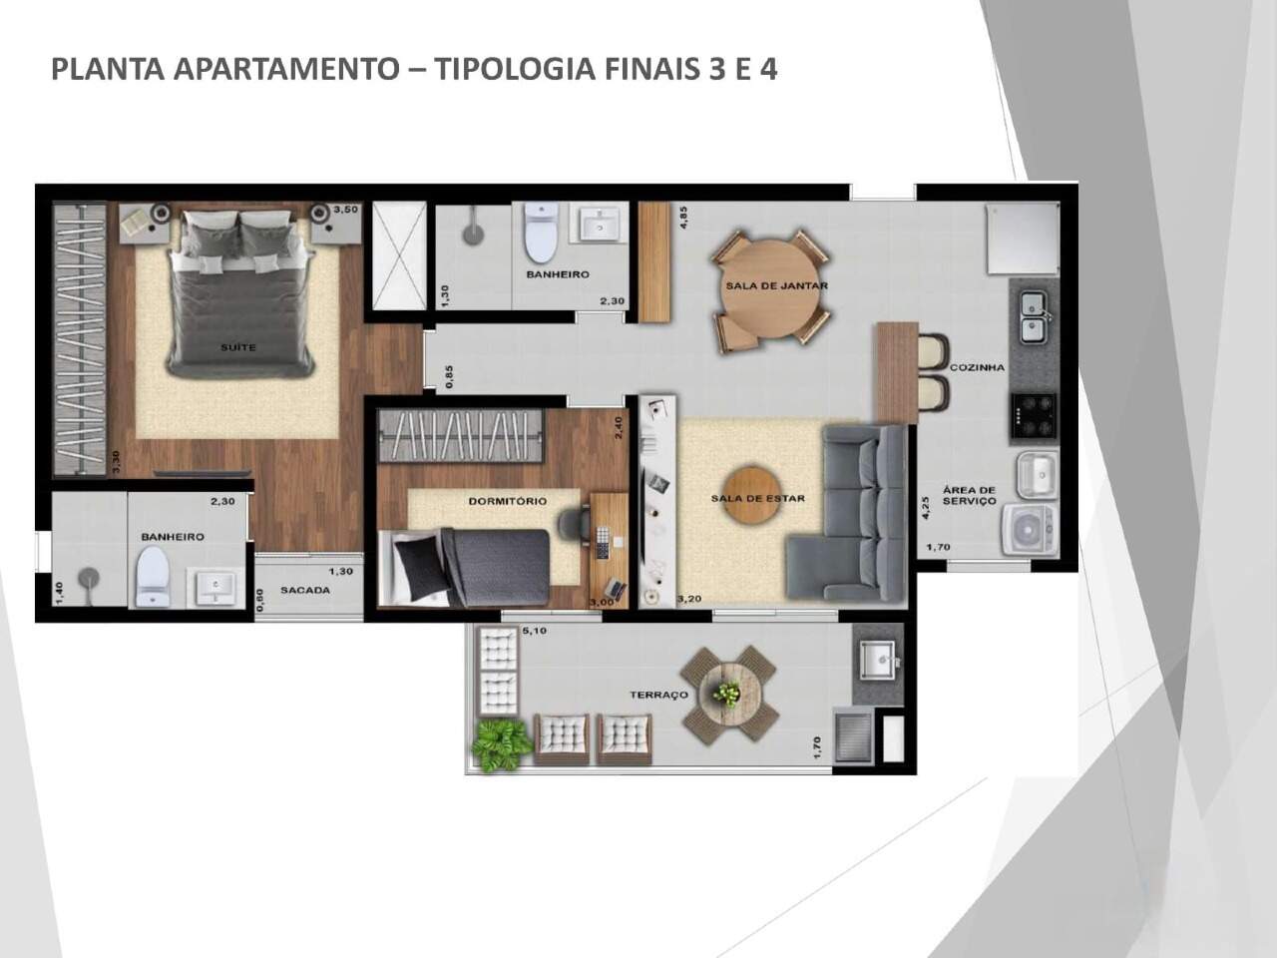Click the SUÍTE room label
tap(238, 347)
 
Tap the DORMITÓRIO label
tap(508, 501)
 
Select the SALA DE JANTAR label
tap(776, 285)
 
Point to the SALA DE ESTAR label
tap(758, 499)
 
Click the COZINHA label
tap(977, 367)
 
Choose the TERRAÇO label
tap(659, 695)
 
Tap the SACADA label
tap(305, 590)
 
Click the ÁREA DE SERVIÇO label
tap(970, 496)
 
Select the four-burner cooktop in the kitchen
tap(1034, 415)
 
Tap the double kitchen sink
tap(1034, 317)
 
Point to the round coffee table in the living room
tap(752, 494)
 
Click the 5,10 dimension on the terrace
tap(534, 631)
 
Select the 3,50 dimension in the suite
tap(345, 209)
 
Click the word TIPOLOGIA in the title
tap(515, 69)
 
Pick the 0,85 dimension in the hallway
tap(449, 376)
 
